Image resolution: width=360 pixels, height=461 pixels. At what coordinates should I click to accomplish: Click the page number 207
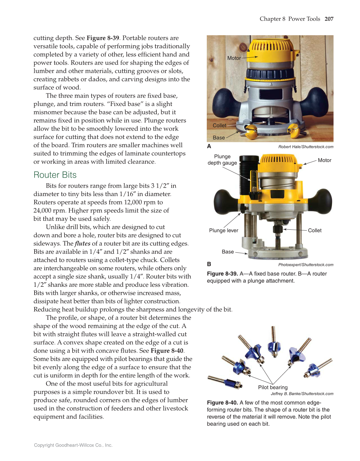point(329,19)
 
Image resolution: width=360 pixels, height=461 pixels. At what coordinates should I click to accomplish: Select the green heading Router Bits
point(55,175)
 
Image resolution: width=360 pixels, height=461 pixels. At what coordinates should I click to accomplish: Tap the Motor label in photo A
point(234,58)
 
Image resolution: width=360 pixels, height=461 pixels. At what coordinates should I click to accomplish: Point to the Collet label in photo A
point(219,125)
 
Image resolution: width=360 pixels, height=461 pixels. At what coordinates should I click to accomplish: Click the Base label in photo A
point(219,137)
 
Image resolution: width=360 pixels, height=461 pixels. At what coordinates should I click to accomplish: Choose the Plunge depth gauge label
point(222,160)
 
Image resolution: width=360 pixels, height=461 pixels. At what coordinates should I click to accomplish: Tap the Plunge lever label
point(224,230)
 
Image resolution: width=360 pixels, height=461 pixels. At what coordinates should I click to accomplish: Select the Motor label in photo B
point(324,160)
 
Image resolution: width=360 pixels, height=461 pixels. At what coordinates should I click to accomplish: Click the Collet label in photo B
point(315,230)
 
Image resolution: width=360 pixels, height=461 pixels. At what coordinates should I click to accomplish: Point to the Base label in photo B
point(228,252)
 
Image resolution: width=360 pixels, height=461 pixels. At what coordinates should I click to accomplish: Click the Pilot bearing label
point(273,387)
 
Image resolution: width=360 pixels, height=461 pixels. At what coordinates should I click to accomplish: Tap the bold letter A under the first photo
point(209,146)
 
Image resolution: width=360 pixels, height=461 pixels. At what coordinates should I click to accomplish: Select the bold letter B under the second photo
point(209,264)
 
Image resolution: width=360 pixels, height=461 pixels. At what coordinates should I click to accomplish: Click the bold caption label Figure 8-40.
point(222,402)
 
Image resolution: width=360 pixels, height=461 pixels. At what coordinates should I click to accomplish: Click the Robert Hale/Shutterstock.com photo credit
point(306,147)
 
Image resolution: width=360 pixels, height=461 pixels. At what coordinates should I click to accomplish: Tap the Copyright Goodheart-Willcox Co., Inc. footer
point(73,445)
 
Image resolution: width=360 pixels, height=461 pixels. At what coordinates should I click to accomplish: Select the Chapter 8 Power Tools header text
point(290,19)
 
